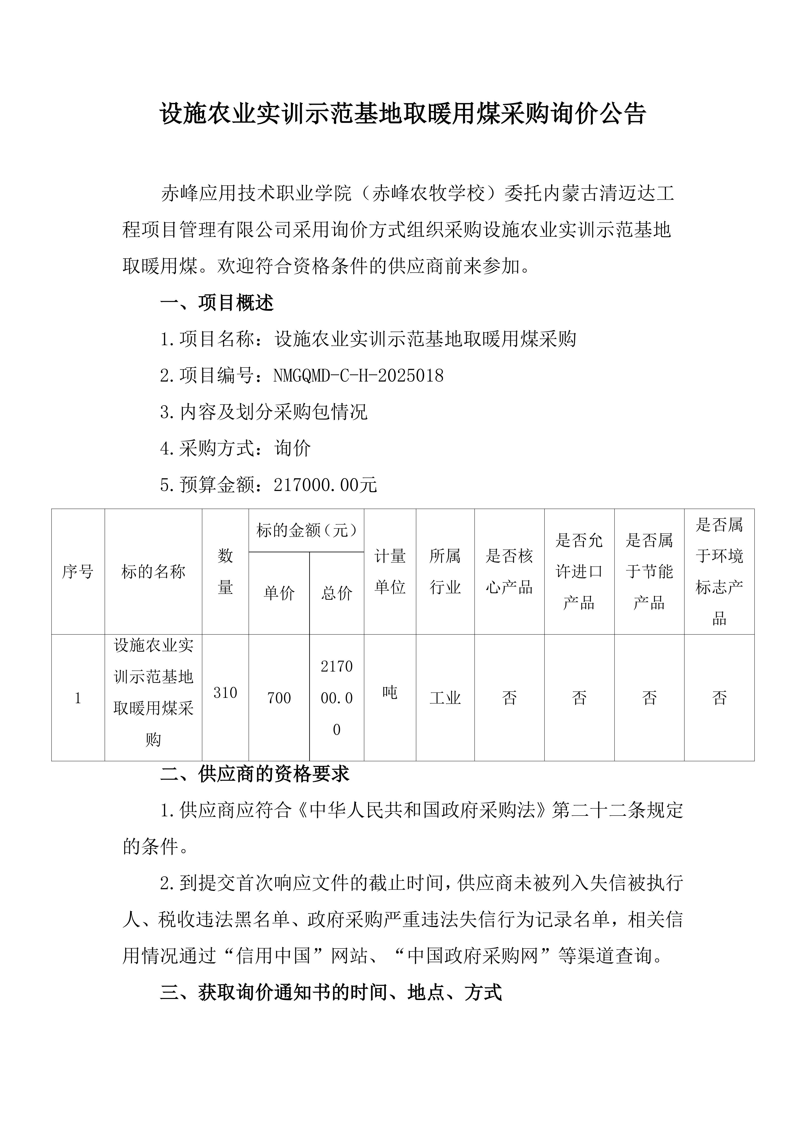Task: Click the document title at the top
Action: [x=403, y=114]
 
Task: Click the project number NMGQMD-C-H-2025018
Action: [x=358, y=375]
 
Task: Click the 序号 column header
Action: [x=78, y=572]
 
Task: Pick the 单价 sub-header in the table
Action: [x=279, y=593]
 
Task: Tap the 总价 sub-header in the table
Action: [x=337, y=593]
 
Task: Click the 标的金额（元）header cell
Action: [x=306, y=531]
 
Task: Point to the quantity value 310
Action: [x=225, y=692]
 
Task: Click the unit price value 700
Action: [x=279, y=698]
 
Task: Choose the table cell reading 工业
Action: [x=445, y=698]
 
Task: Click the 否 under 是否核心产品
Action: [x=509, y=698]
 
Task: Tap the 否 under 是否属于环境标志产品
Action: [x=719, y=698]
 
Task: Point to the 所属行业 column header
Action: [x=445, y=572]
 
